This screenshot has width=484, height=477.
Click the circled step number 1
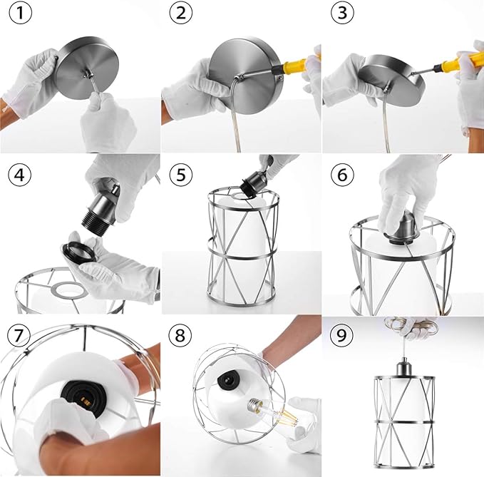coord(21,13)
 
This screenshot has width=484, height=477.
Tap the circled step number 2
coord(181,13)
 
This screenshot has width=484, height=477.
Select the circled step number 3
coord(342,13)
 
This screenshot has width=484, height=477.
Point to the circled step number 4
coord(20,175)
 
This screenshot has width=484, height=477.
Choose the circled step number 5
coord(181,175)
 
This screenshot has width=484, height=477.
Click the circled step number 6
coord(342,175)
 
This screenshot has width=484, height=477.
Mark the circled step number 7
coord(19,335)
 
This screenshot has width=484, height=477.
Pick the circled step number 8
coord(180,335)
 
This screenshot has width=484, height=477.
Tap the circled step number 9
coord(341,335)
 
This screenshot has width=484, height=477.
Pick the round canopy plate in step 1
coord(88,68)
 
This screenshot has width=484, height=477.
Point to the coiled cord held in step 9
coord(411,327)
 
